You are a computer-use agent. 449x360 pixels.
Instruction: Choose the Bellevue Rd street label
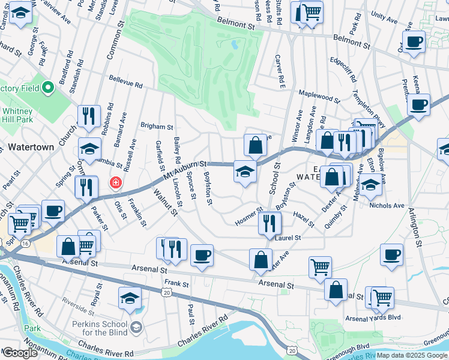tap(125, 82)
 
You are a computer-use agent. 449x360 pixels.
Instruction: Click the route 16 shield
tap(25, 244)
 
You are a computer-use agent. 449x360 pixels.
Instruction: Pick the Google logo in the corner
tap(20, 352)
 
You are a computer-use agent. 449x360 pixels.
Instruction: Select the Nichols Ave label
tap(388, 205)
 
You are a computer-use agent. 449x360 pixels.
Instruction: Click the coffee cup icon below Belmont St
tap(414, 42)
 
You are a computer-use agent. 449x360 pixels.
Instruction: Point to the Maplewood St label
tap(319, 95)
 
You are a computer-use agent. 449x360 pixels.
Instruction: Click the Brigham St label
tap(156, 127)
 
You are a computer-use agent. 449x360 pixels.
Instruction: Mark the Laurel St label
tap(287, 238)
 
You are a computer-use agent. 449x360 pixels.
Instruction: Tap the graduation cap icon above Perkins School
tap(130, 298)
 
